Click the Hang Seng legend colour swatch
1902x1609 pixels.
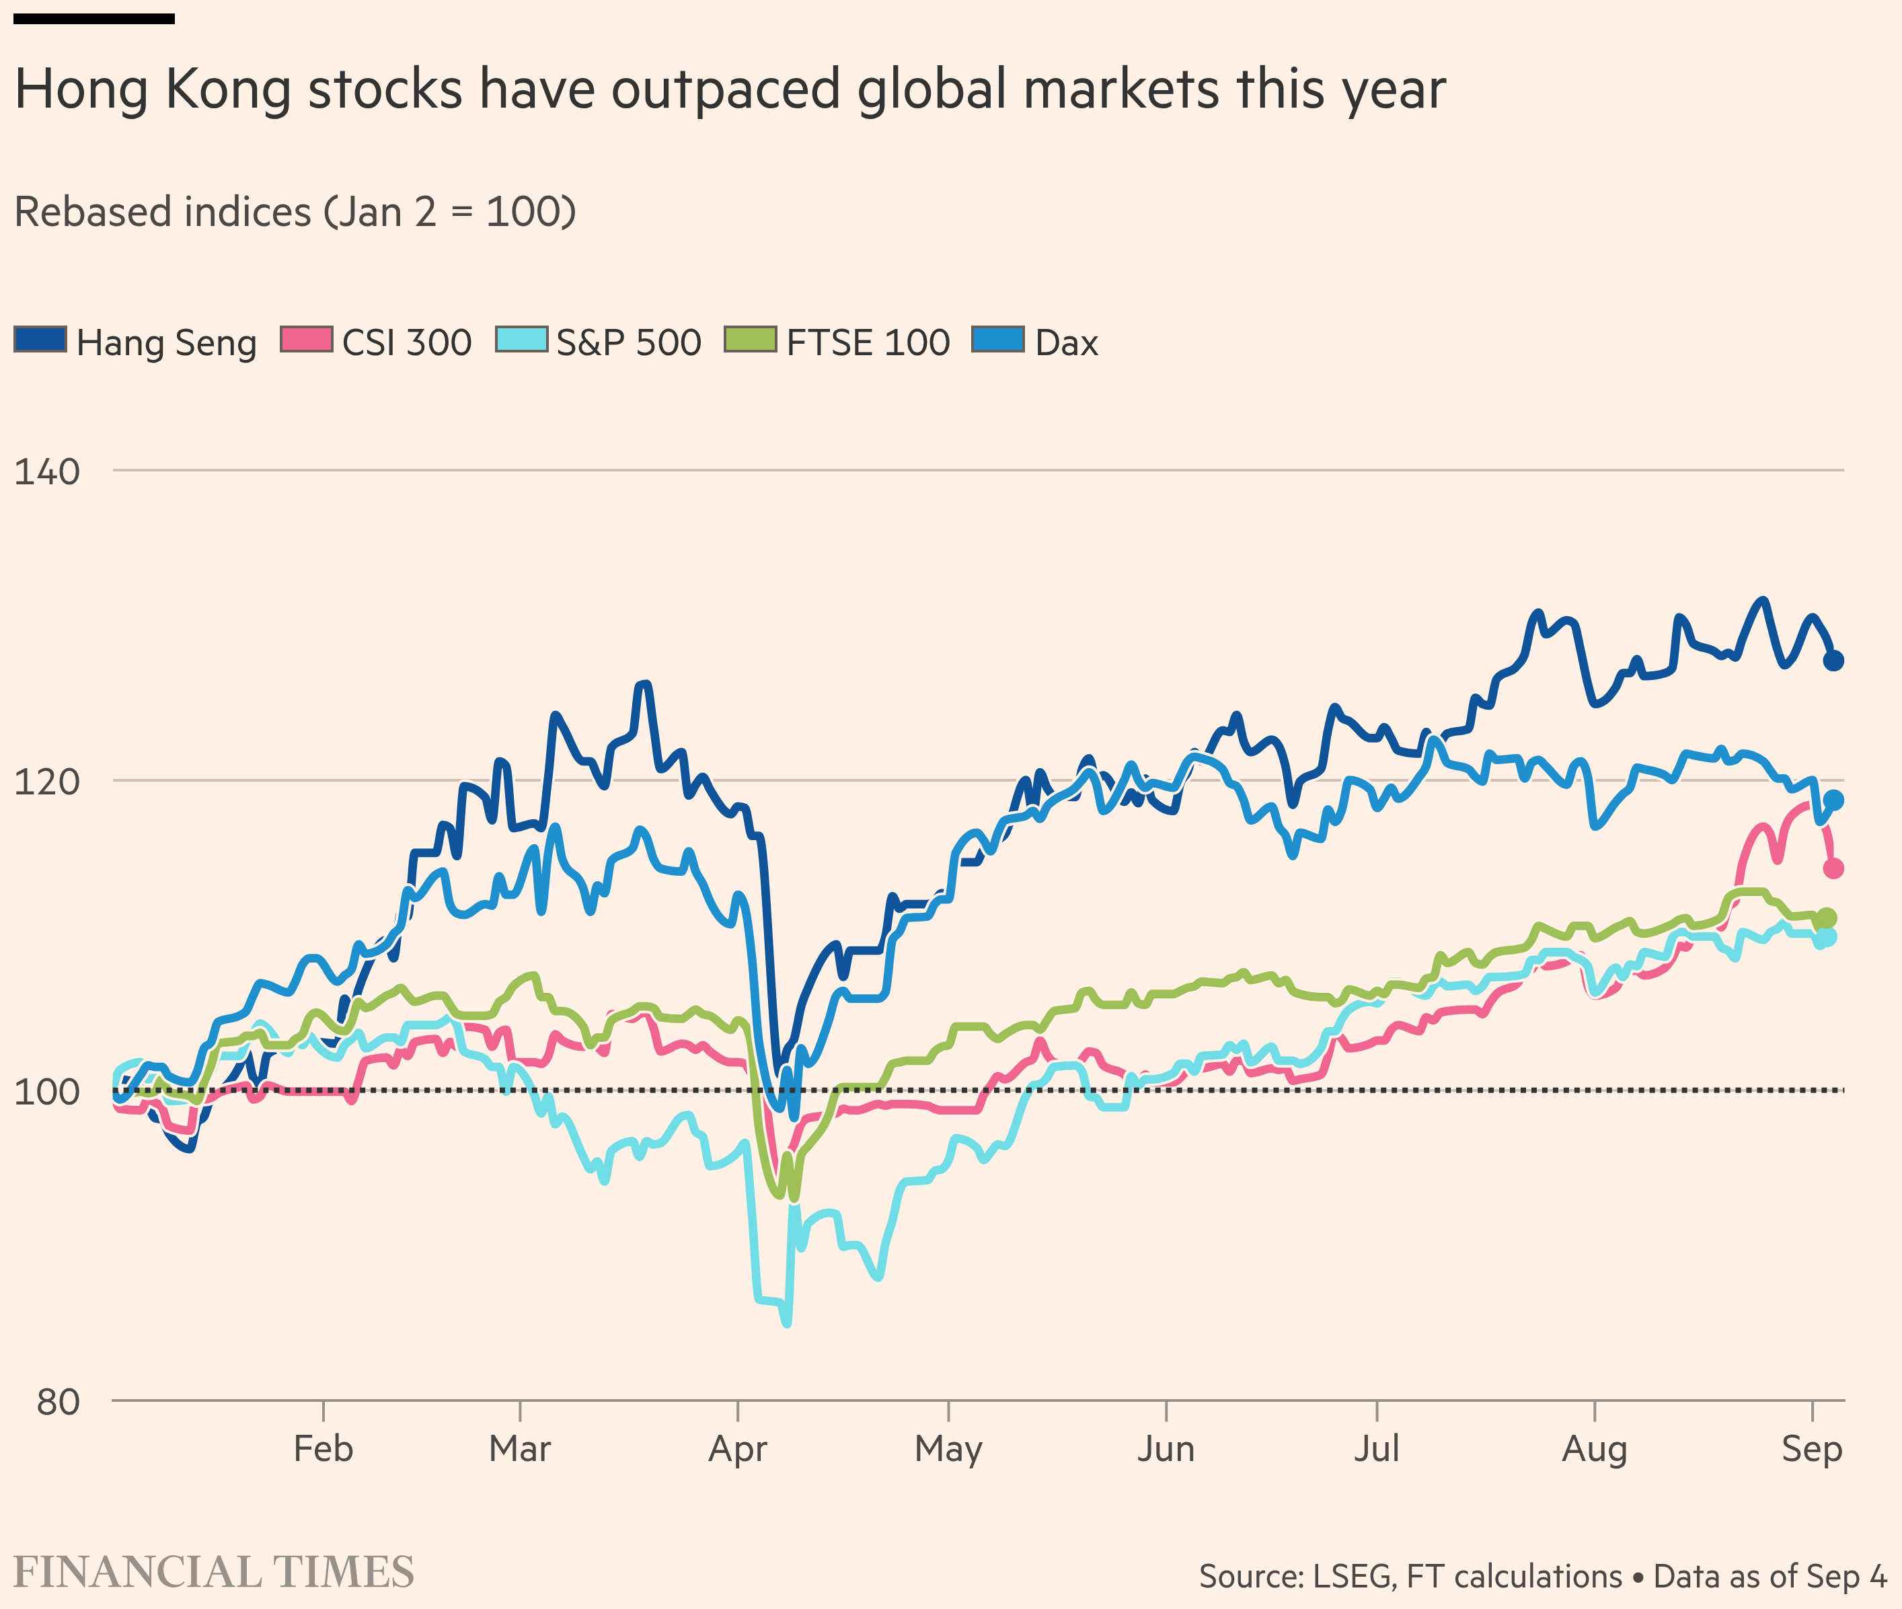pos(40,339)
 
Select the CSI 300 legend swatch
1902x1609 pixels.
pos(307,339)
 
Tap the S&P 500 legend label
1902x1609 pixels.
pos(628,343)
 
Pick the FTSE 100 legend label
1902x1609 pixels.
pos(868,343)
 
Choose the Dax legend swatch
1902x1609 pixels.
pos(998,339)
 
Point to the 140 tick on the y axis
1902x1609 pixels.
pos(46,472)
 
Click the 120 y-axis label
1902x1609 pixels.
pos(46,782)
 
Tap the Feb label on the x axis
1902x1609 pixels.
pos(323,1448)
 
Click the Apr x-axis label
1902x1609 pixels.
pos(738,1448)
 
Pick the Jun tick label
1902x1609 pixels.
pos(1166,1448)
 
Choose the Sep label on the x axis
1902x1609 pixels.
pos(1812,1448)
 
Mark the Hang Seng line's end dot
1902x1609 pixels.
pos(1833,661)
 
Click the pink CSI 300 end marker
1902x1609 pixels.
pos(1833,868)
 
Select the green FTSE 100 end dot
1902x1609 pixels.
pos(1826,919)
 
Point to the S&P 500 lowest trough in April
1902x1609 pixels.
pos(787,1322)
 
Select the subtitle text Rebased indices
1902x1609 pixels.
pos(162,212)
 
